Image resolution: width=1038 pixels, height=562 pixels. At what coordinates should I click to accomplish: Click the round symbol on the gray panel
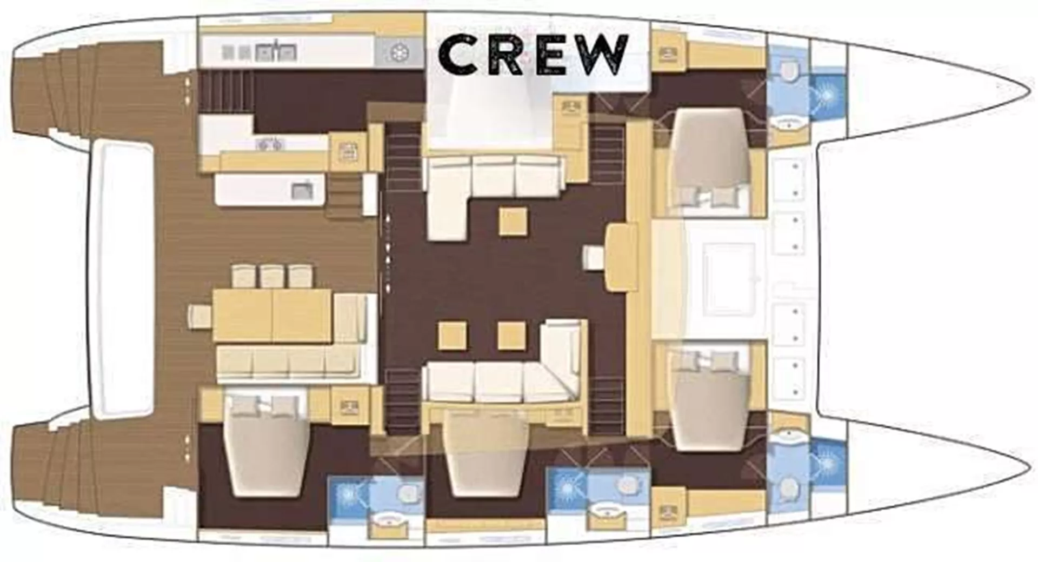(x=399, y=53)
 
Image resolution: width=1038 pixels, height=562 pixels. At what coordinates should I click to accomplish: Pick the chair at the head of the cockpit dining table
(x=199, y=316)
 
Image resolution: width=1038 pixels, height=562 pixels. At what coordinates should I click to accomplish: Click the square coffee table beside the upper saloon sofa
(x=513, y=221)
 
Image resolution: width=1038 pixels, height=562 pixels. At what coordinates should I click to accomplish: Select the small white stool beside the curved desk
(x=594, y=257)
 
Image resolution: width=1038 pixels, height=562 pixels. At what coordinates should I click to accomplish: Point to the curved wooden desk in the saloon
(x=621, y=257)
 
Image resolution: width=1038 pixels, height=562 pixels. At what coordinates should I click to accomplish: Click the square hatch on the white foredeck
(x=729, y=279)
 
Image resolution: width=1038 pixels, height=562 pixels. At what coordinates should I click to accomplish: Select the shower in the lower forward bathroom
(x=827, y=464)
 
